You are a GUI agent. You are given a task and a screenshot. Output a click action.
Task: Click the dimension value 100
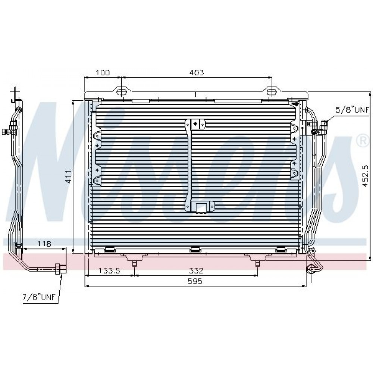(103, 72)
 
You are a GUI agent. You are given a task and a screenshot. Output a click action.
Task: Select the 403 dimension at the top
(197, 72)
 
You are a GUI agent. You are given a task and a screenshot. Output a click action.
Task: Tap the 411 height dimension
(69, 176)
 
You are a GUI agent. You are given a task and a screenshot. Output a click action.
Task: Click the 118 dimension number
(44, 244)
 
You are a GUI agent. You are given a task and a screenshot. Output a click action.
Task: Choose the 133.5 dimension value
(109, 270)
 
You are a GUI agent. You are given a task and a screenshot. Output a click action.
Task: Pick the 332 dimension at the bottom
(196, 270)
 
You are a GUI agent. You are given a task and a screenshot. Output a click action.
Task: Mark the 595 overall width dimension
(195, 281)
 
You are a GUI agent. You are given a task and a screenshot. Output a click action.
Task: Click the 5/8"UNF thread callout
(352, 110)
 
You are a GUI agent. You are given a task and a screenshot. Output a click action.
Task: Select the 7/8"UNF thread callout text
(39, 297)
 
